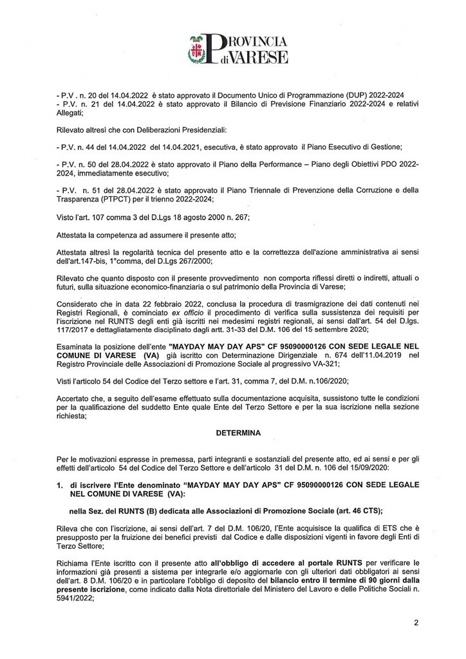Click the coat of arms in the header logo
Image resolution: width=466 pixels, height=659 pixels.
(x=198, y=51)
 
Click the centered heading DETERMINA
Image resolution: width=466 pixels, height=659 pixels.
(x=237, y=433)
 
